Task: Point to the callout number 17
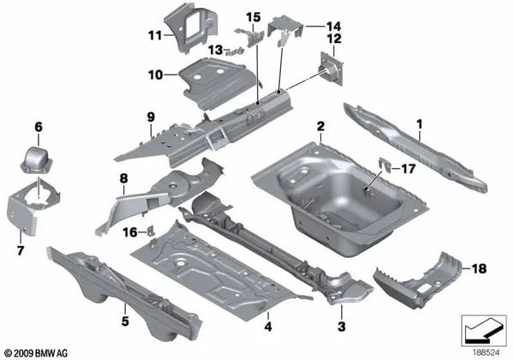tap(407, 169)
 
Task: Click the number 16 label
tap(128, 232)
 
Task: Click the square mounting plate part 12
tap(329, 68)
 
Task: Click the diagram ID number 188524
tap(483, 351)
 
